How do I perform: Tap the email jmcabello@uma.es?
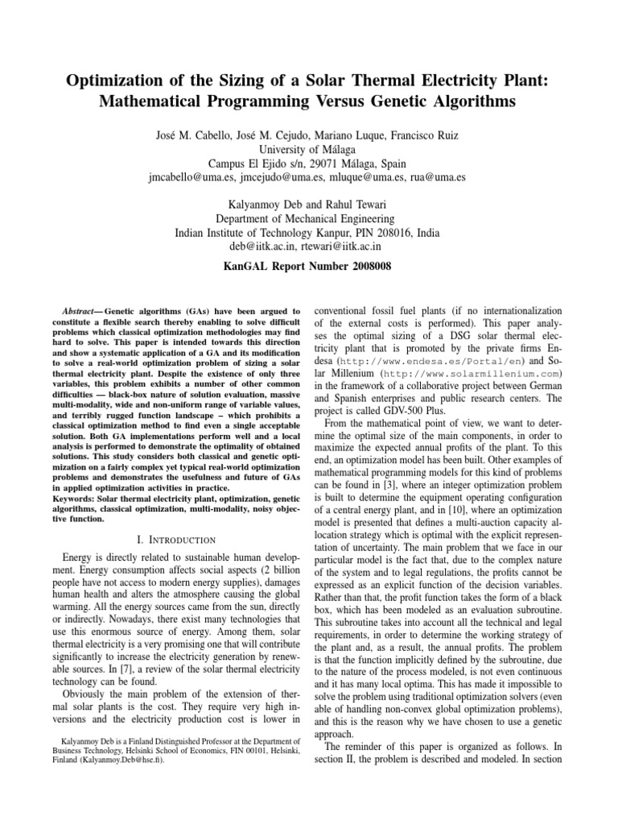(196, 180)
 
